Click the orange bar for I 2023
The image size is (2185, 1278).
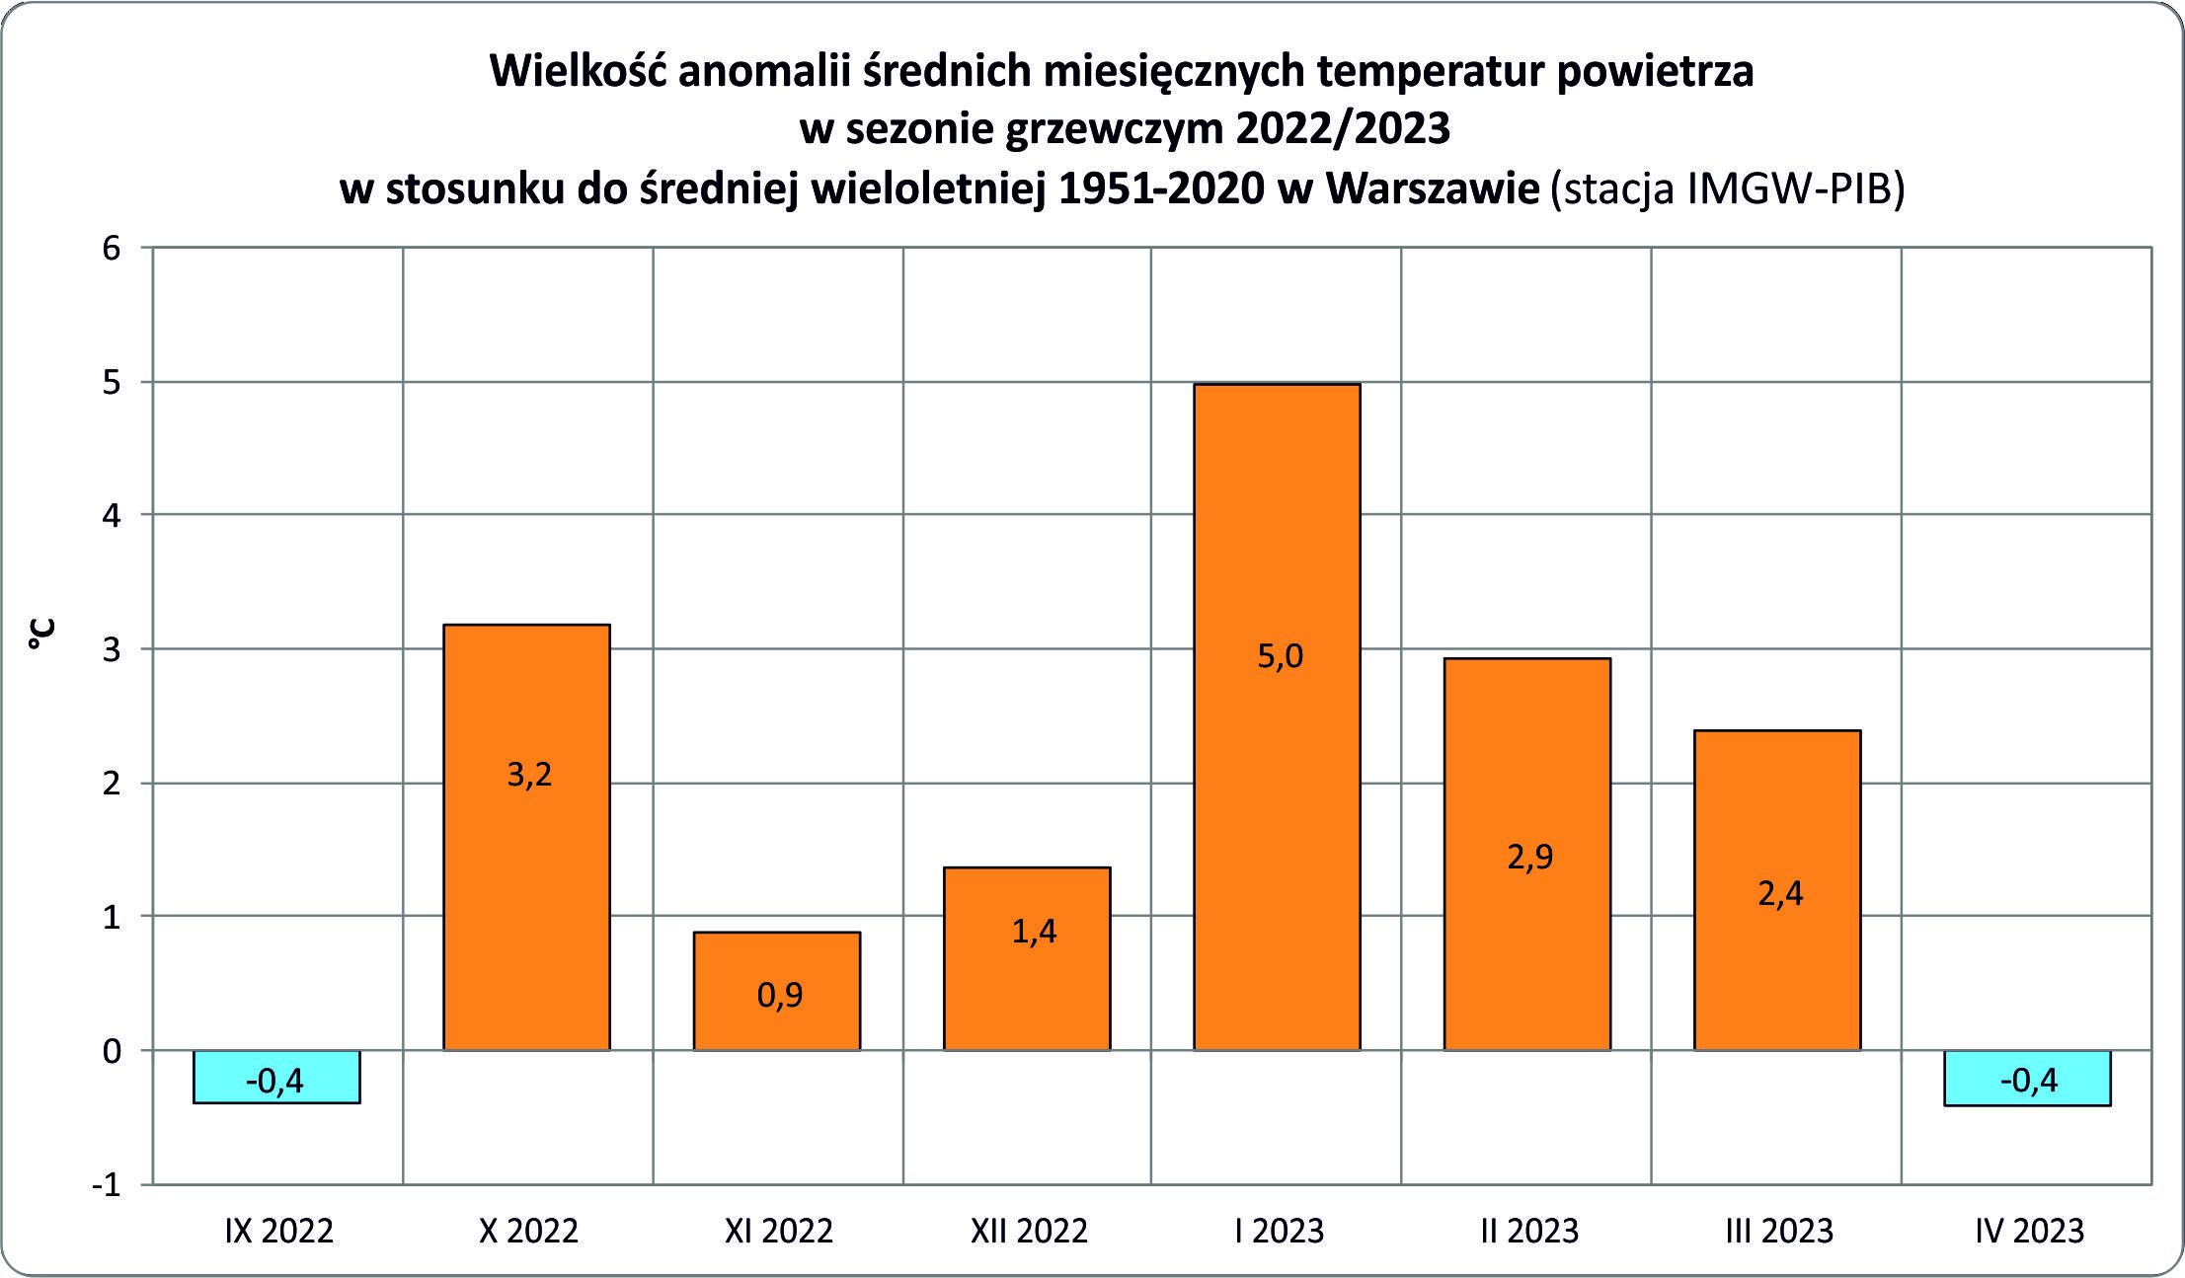point(1277,789)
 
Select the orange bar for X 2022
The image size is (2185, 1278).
point(526,888)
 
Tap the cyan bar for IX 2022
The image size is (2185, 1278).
point(276,1077)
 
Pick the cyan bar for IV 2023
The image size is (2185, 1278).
point(2027,1078)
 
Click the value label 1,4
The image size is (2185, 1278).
point(1034,932)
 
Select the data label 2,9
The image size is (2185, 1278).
point(1529,857)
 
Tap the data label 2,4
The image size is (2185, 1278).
point(1780,894)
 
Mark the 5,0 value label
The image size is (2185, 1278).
point(1280,656)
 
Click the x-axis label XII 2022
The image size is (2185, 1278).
point(1029,1231)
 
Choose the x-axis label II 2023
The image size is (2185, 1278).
point(1529,1231)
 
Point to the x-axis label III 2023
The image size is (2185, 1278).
point(1779,1231)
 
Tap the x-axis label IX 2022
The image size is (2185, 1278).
point(279,1231)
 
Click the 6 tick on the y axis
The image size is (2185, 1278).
point(112,248)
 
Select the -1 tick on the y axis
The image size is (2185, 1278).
point(107,1184)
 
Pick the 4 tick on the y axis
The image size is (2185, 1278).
point(112,515)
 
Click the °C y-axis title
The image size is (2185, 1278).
point(41,634)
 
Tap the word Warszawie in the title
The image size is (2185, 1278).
point(1432,188)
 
